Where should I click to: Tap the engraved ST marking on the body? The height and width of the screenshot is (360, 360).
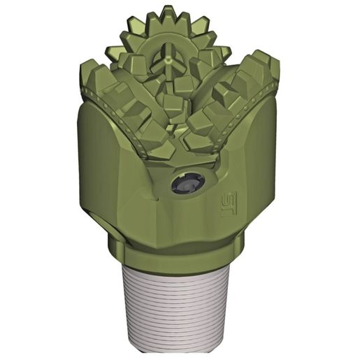(x=229, y=204)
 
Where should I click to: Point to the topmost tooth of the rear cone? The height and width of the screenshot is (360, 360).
(x=166, y=13)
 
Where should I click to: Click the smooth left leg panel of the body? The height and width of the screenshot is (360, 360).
(x=105, y=175)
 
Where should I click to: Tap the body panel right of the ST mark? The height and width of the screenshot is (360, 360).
(x=255, y=189)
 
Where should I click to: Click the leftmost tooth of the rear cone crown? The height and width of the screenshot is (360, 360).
(x=112, y=52)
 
